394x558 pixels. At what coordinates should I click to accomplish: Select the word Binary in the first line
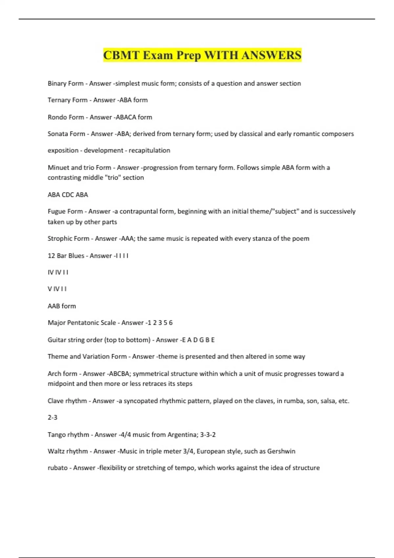point(57,83)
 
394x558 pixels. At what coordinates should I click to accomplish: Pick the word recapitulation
point(149,150)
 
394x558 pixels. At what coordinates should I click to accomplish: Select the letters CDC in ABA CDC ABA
point(68,195)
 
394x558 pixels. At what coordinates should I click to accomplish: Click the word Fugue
point(56,211)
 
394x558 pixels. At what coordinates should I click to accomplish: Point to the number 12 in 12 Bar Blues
point(51,256)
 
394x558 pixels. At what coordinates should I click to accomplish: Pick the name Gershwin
point(281,451)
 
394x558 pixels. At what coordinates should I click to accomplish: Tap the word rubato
point(58,468)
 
